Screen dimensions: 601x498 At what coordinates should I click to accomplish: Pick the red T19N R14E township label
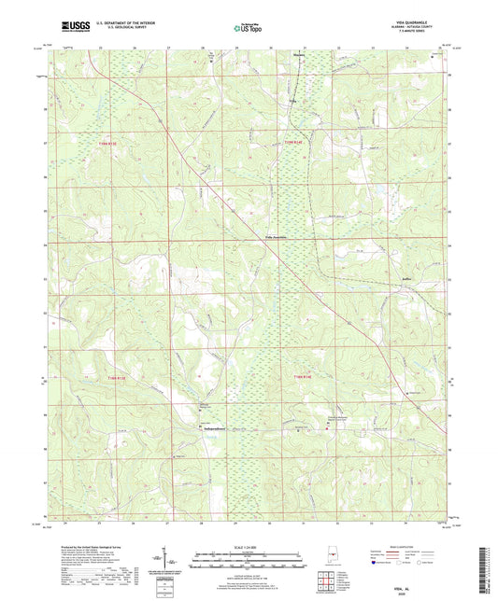coord(295,142)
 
